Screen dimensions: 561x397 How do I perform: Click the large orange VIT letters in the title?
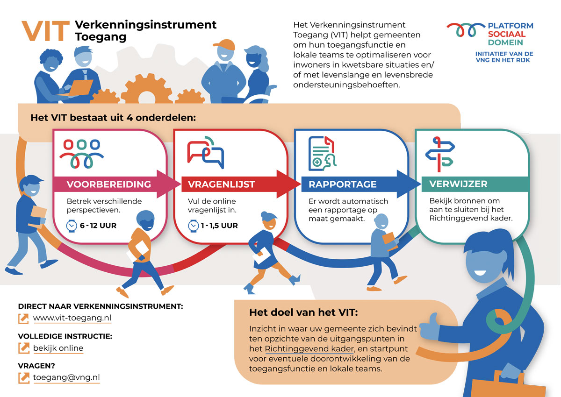pyautogui.click(x=45, y=31)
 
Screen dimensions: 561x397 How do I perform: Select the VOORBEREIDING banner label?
pyautogui.click(x=109, y=184)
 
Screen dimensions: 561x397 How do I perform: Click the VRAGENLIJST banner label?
pyautogui.click(x=221, y=184)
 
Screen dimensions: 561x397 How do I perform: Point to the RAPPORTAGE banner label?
pyautogui.click(x=342, y=184)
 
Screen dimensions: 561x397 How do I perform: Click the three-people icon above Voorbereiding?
pyautogui.click(x=81, y=153)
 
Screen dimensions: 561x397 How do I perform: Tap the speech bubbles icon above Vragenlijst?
pyautogui.click(x=206, y=152)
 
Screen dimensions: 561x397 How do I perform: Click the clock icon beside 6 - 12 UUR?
pyautogui.click(x=72, y=226)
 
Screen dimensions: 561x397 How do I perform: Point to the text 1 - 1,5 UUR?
pyautogui.click(x=219, y=226)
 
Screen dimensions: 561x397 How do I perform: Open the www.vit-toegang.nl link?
pyautogui.click(x=72, y=319)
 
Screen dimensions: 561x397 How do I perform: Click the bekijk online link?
pyautogui.click(x=58, y=348)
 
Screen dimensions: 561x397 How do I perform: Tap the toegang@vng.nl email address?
pyautogui.click(x=66, y=377)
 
